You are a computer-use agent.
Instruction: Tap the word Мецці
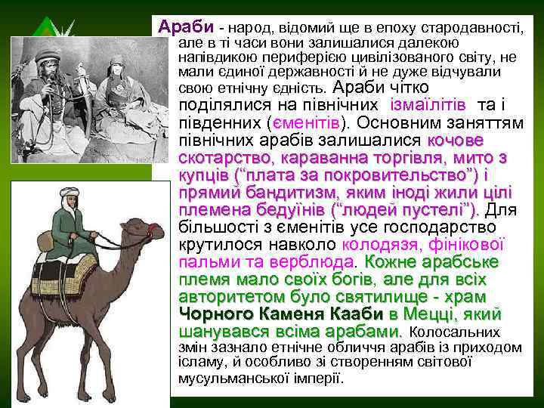point(433,314)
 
